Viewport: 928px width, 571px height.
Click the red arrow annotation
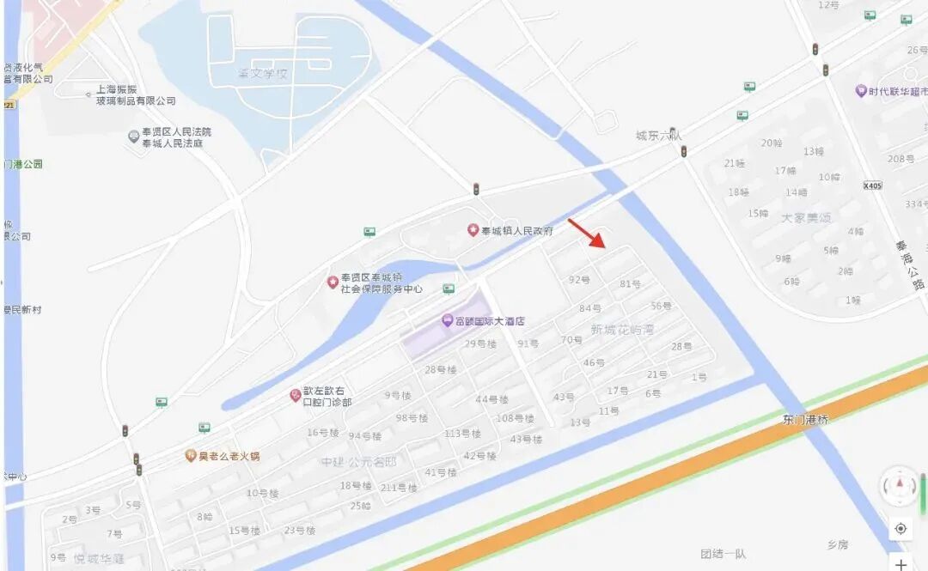point(589,233)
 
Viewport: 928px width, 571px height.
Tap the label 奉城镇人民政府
point(516,231)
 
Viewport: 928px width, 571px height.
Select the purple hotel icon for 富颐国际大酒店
point(447,320)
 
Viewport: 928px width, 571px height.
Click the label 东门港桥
point(805,420)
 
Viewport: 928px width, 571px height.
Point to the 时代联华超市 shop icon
point(860,91)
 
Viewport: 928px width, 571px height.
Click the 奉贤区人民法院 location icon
point(134,137)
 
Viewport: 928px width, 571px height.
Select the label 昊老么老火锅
point(229,456)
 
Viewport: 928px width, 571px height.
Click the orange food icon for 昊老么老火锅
point(191,456)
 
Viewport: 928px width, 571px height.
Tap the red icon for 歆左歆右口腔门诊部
point(295,395)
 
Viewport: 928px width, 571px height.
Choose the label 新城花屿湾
point(623,330)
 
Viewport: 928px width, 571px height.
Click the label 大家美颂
point(806,218)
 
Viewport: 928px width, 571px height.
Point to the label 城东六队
point(658,136)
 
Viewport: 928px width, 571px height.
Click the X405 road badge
point(872,185)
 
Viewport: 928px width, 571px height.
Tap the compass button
point(900,486)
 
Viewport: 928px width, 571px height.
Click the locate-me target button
point(900,529)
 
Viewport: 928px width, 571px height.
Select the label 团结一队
point(723,554)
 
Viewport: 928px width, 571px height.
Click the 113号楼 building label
point(462,434)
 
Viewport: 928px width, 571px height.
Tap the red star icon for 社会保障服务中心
point(333,282)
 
